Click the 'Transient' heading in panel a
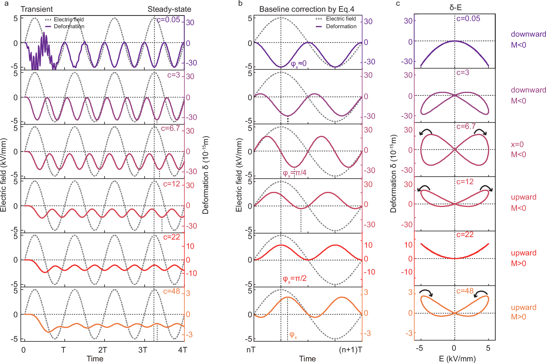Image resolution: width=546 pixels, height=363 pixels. pos(37,9)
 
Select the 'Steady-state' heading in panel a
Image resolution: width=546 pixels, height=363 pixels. pos(169,9)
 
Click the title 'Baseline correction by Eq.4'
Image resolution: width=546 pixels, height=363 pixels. pos(306,9)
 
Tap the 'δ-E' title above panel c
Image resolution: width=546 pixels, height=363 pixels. pos(455,8)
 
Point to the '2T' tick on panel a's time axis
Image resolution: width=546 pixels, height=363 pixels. pos(102,350)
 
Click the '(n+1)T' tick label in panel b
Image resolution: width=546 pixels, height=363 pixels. pos(350,350)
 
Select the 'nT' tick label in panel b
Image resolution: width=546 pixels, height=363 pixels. pos(251,350)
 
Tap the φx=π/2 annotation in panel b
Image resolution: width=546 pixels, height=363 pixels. pos(295,279)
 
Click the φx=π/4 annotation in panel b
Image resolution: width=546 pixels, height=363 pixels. pos(295,173)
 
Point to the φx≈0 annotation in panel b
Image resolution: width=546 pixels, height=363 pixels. pos(298,64)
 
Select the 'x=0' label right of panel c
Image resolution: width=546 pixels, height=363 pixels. pos(517,144)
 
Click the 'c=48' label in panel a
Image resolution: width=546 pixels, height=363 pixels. pos(171,291)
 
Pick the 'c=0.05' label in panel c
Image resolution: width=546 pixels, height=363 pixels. pos(468,19)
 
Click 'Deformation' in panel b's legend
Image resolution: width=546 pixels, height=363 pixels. pos(341,26)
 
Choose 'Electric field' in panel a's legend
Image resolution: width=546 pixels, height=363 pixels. pos(68,19)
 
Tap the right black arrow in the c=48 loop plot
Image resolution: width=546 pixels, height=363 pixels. pos(481,293)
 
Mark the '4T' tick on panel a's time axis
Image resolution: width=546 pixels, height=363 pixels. pos(182,350)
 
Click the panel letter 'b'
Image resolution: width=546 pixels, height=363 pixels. pos(240,4)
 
